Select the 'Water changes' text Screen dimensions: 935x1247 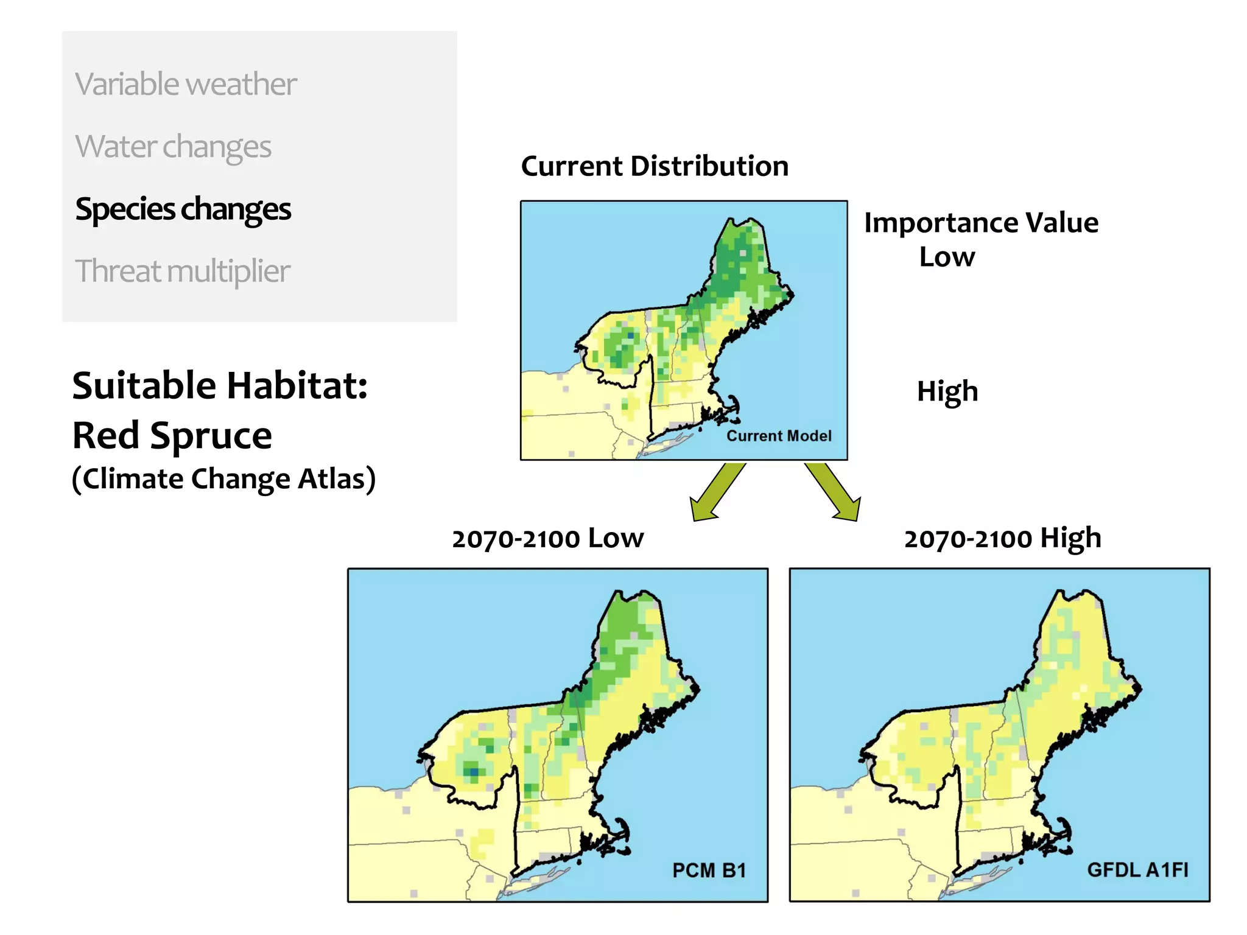pyautogui.click(x=173, y=146)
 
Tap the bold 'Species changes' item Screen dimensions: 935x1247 pyautogui.click(x=183, y=209)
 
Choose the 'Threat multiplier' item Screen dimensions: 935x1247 pyautogui.click(x=182, y=271)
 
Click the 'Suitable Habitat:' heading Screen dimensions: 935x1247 pyautogui.click(x=220, y=385)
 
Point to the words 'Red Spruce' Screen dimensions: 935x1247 pyautogui.click(x=172, y=435)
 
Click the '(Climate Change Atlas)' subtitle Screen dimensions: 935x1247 pyautogui.click(x=223, y=478)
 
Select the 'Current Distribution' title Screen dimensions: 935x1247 pyautogui.click(x=655, y=166)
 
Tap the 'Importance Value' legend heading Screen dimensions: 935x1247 pyautogui.click(x=981, y=223)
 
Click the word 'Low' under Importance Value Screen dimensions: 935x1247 pyautogui.click(x=947, y=257)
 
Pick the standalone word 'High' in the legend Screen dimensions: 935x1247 pyautogui.click(x=947, y=391)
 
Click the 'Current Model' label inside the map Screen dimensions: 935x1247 pyautogui.click(x=779, y=436)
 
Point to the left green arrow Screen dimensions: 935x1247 pyautogui.click(x=716, y=492)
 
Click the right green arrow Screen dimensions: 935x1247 pyautogui.click(x=835, y=492)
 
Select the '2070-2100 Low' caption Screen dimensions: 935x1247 pyautogui.click(x=547, y=539)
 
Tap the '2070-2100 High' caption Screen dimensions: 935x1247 pyautogui.click(x=1002, y=539)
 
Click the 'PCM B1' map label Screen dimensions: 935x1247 pyautogui.click(x=709, y=870)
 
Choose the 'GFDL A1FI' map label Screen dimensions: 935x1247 pyautogui.click(x=1137, y=870)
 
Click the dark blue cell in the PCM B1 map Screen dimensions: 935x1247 pyautogui.click(x=474, y=772)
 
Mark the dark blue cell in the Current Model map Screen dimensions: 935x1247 pyautogui.click(x=630, y=335)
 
